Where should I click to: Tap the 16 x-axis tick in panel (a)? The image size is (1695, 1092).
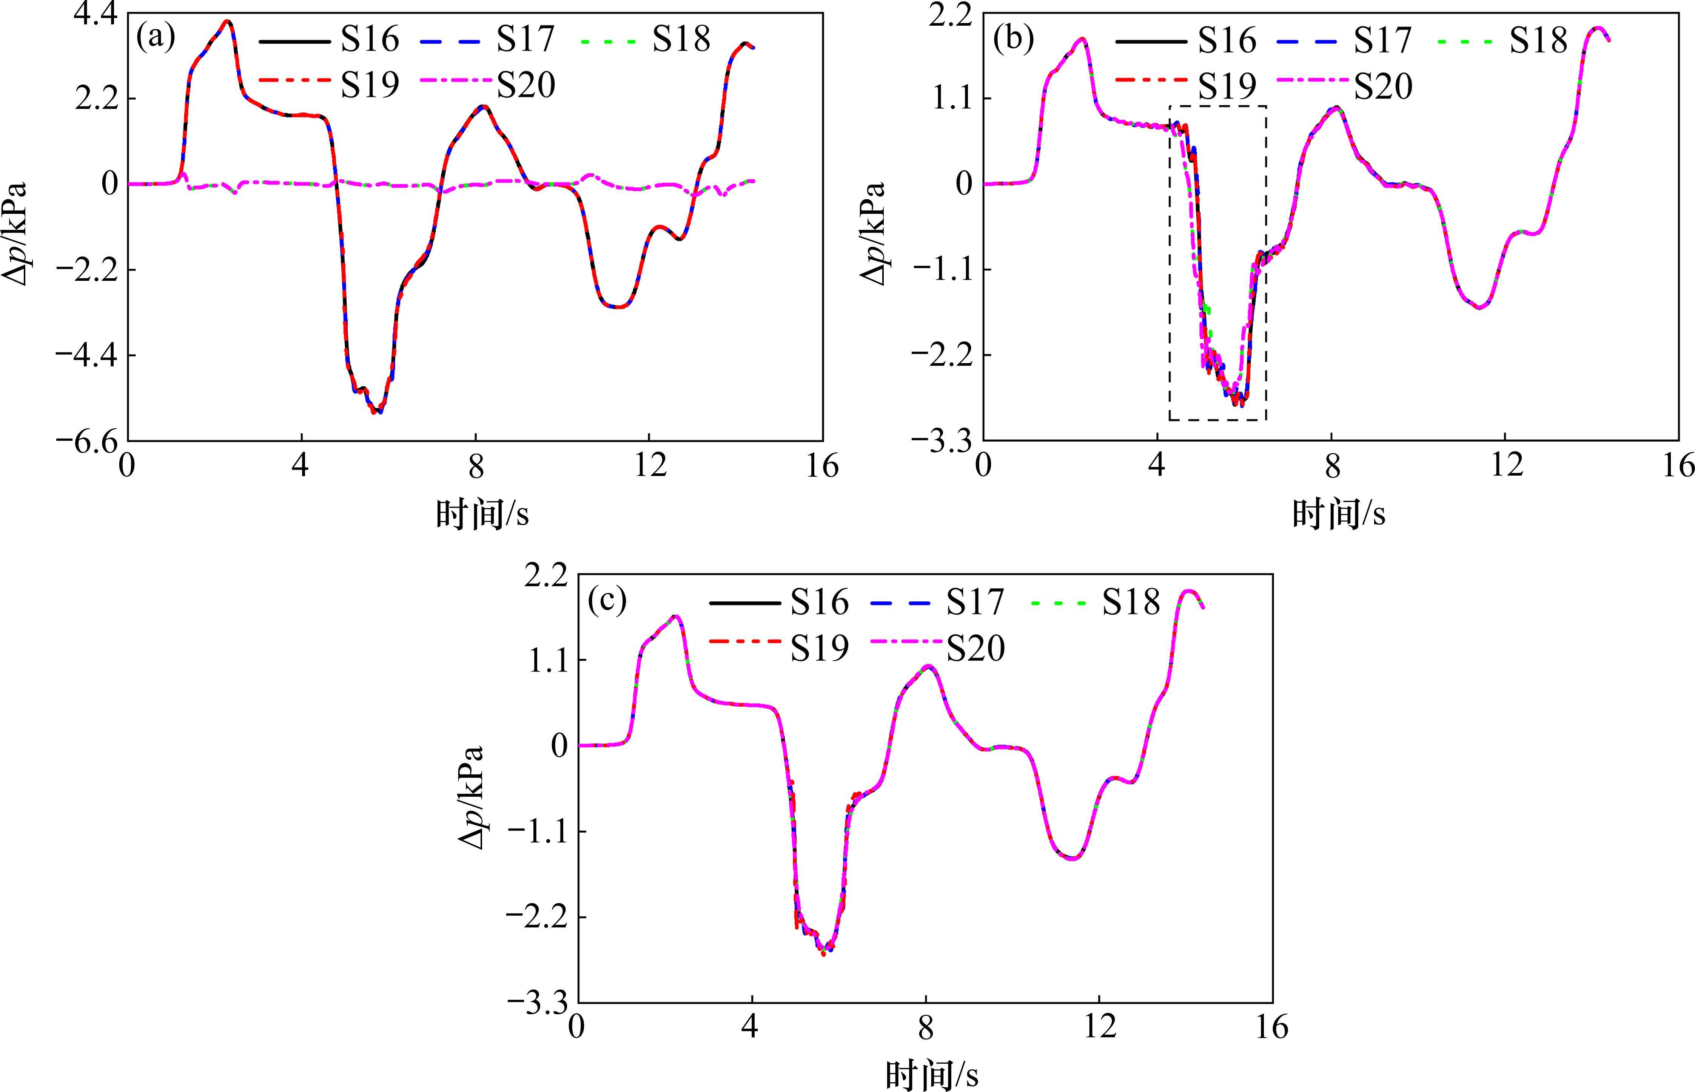click(822, 467)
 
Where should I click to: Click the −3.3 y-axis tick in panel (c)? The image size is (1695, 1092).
click(537, 1003)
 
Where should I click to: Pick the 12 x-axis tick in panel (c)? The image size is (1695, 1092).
click(1099, 1028)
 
